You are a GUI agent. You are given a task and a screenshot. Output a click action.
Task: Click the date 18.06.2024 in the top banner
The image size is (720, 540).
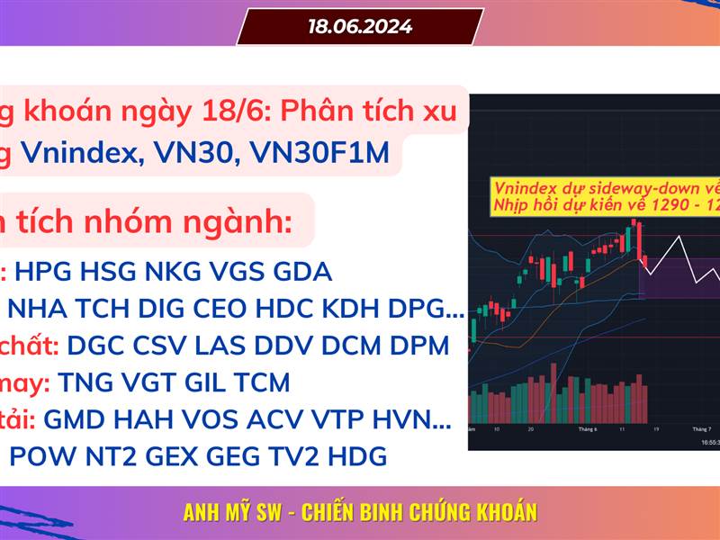coord(360,27)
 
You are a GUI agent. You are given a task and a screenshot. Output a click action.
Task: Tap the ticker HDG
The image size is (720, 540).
coord(356,456)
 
